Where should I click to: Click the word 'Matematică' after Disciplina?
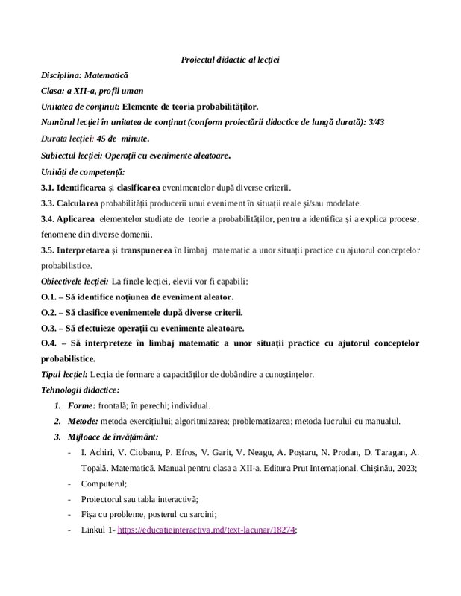106,75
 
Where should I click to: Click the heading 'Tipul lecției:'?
64,374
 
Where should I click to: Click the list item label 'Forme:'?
81,406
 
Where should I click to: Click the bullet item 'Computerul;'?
103,484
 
